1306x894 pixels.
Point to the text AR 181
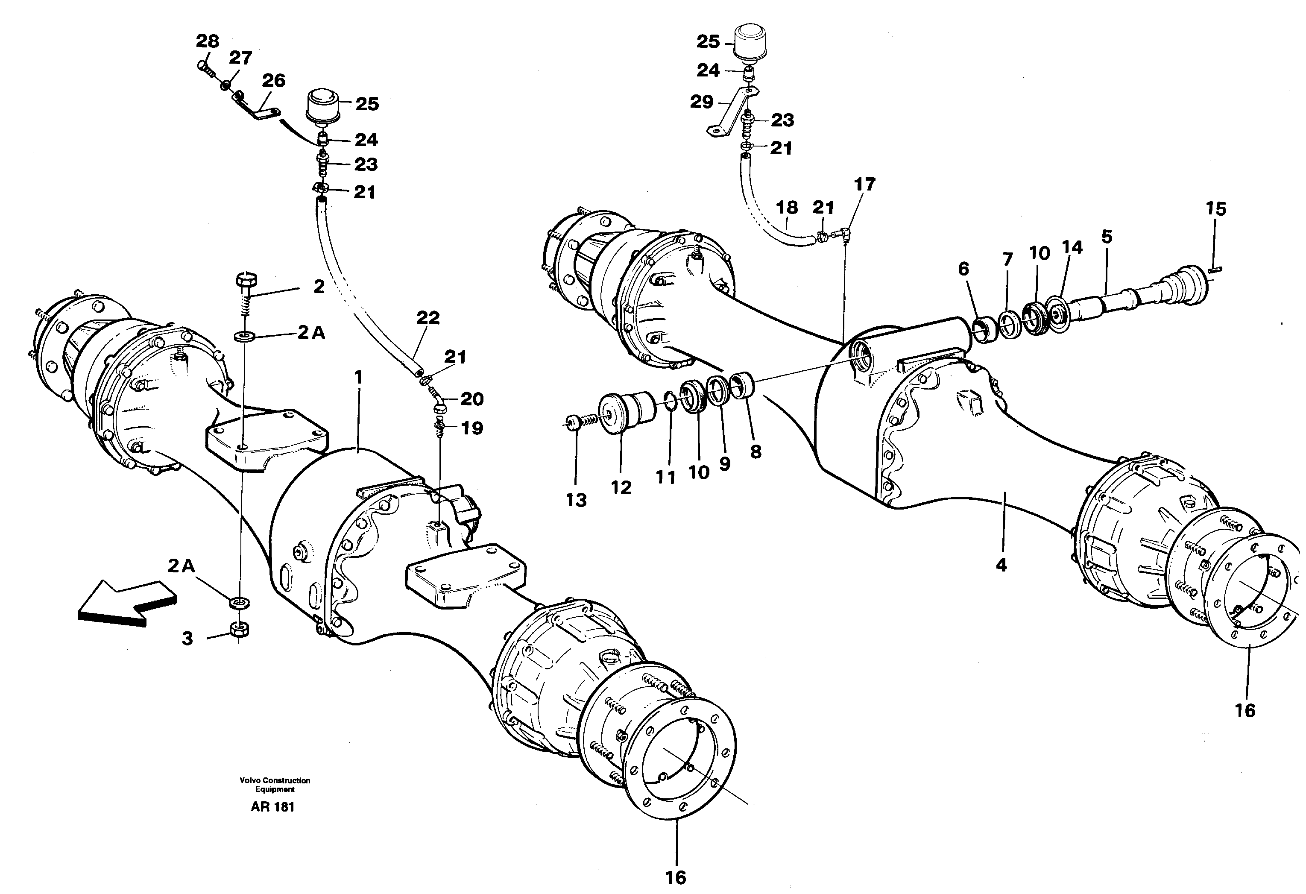pos(272,807)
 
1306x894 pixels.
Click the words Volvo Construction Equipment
pos(275,784)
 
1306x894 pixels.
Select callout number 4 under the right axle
pos(1001,565)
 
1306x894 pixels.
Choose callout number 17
pos(865,184)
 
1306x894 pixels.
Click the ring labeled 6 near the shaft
pos(983,331)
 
